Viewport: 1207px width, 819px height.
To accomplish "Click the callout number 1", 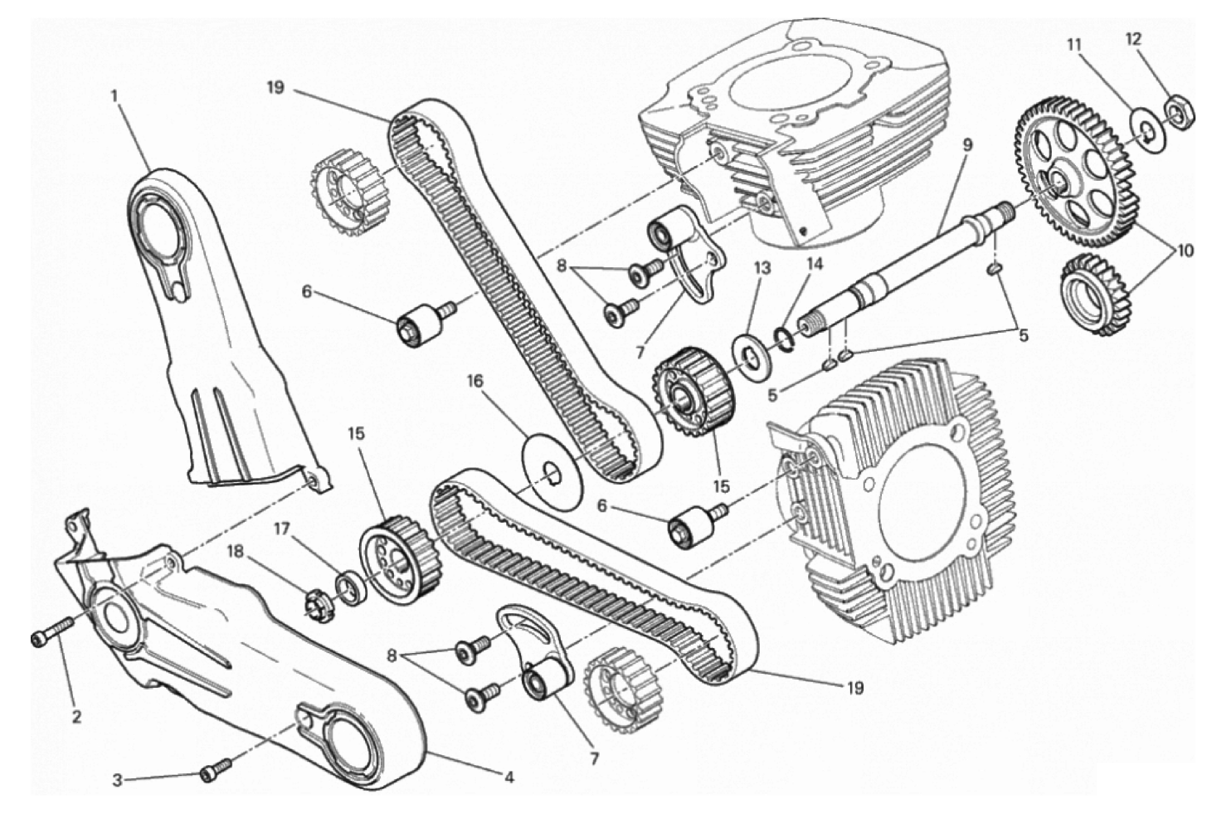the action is (114, 96).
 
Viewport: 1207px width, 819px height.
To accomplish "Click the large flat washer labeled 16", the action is (552, 470).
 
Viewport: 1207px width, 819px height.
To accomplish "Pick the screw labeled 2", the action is (52, 631).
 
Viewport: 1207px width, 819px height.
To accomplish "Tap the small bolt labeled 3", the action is (216, 769).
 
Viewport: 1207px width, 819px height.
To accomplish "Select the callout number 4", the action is (509, 778).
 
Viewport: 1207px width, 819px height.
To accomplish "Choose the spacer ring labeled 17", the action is (352, 588).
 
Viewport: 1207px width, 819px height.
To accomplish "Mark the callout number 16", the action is (475, 382).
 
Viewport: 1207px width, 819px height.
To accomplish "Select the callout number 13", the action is (762, 268).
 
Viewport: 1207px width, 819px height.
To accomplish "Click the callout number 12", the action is (1133, 39).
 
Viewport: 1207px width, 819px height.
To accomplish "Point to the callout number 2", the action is (76, 717).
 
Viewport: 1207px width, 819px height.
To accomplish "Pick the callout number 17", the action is (281, 529).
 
